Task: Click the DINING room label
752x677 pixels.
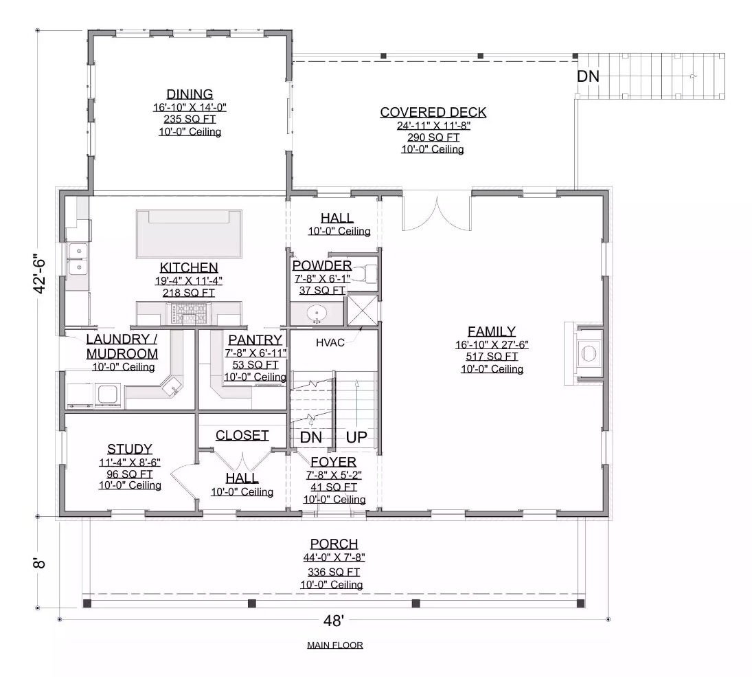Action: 190,94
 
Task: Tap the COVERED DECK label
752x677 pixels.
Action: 433,112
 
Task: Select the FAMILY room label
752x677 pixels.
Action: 491,331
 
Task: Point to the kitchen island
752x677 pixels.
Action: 190,234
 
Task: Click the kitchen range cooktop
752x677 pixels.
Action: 190,314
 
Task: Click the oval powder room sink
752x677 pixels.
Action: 317,314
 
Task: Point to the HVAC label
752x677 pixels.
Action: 330,342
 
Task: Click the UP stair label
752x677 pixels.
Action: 356,437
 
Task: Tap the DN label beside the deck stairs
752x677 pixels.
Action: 588,76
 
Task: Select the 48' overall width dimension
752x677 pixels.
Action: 333,621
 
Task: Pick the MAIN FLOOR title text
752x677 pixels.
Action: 335,645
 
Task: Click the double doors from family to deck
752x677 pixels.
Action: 437,213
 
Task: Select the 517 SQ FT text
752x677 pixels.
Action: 491,357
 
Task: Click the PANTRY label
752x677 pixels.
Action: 255,340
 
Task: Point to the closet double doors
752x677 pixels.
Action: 242,457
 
